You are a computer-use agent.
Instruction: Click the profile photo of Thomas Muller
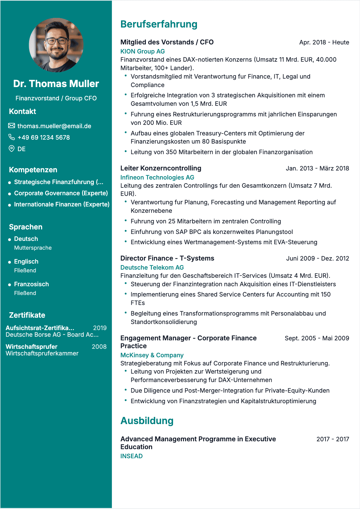pyautogui.click(x=56, y=45)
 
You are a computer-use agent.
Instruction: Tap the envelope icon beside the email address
pyautogui.click(x=11, y=126)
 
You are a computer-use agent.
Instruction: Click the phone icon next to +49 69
pyautogui.click(x=11, y=137)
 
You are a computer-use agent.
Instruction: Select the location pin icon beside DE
pyautogui.click(x=11, y=149)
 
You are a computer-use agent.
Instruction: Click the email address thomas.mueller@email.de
pyautogui.click(x=54, y=126)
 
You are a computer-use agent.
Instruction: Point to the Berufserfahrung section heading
pyautogui.click(x=159, y=24)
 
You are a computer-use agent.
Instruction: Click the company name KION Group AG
pyautogui.click(x=142, y=51)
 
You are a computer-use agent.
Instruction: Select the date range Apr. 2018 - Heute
pyautogui.click(x=324, y=42)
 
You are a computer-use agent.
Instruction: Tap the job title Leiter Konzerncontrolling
pyautogui.click(x=161, y=168)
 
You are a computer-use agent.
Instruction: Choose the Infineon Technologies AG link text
pyautogui.click(x=157, y=177)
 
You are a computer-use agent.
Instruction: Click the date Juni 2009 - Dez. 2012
pyautogui.click(x=318, y=258)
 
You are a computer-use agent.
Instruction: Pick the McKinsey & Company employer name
pyautogui.click(x=152, y=355)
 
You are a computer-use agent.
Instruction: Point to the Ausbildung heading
pyautogui.click(x=147, y=421)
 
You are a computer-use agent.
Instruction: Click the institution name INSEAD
pyautogui.click(x=132, y=456)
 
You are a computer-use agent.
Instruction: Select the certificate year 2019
pyautogui.click(x=100, y=328)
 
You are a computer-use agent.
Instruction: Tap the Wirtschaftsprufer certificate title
pyautogui.click(x=31, y=347)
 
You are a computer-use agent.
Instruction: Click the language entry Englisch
pyautogui.click(x=26, y=261)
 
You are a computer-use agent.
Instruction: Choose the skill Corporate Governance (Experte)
pyautogui.click(x=61, y=193)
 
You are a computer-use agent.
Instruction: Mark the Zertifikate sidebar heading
pyautogui.click(x=27, y=315)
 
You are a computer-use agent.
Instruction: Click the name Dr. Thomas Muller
pyautogui.click(x=56, y=84)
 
